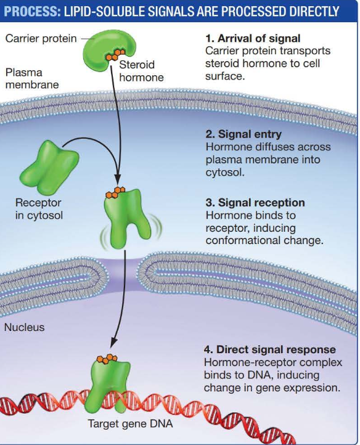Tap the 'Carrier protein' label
41,39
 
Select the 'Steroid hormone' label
141,71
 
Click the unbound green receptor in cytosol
47,166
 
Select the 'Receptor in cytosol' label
38,208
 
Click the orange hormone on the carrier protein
112,55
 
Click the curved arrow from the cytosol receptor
92,143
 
